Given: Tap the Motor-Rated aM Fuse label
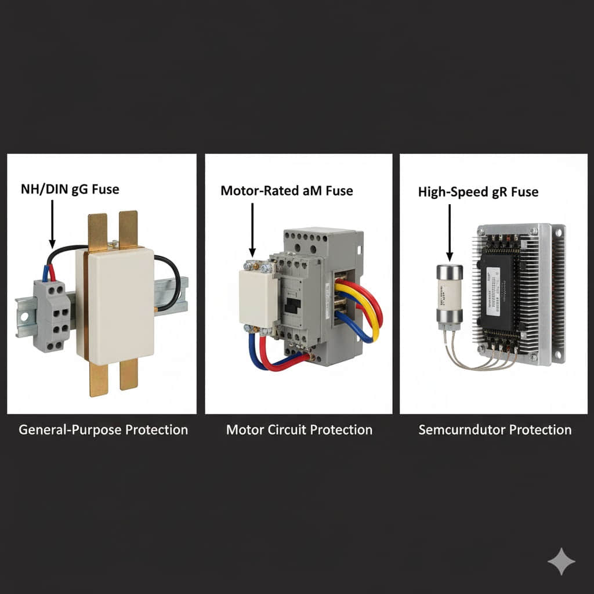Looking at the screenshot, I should point(287,190).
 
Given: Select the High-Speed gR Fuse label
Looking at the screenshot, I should point(478,191).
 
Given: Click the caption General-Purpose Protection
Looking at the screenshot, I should point(103,430).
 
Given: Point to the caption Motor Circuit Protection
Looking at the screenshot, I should point(299,430).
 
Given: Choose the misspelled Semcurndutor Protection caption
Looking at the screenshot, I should point(495,430).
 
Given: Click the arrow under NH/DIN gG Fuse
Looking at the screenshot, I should point(52,223).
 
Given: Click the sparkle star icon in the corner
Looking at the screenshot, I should point(561,561).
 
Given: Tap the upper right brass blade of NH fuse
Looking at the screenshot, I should point(128,229).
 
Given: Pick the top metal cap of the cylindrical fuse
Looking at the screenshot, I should point(449,271).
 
